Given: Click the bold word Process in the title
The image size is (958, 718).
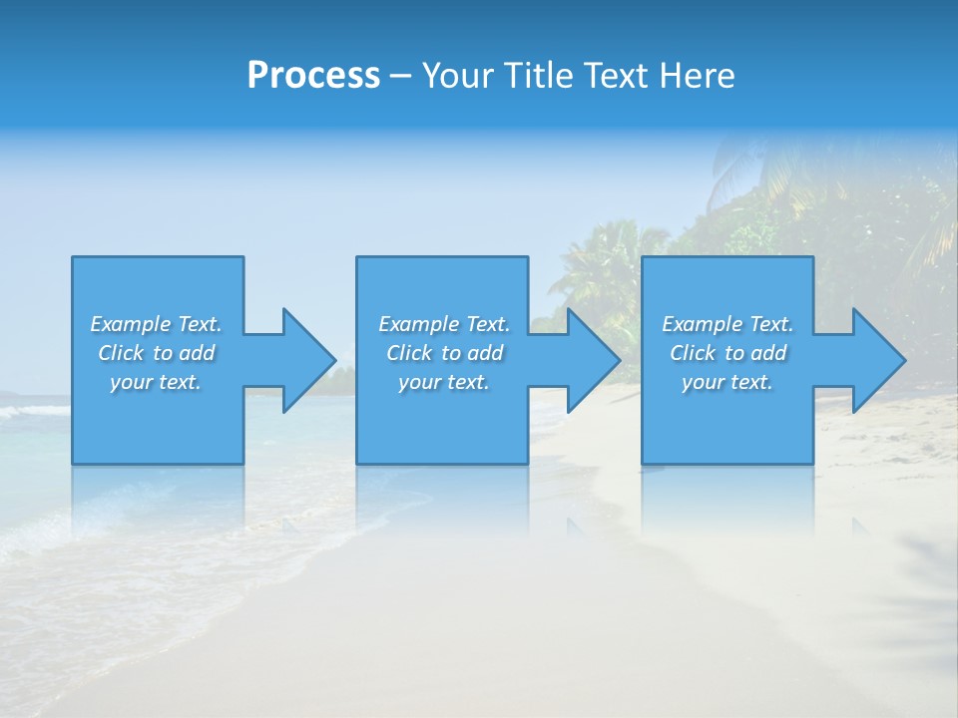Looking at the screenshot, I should pos(313,76).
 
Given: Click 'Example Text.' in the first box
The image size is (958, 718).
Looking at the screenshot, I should pos(156,324).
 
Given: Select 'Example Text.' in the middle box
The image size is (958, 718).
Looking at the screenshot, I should pos(444,324).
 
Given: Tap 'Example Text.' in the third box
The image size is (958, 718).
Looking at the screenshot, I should pos(727,324).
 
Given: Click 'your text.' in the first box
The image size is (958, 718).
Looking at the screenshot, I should pos(156,382).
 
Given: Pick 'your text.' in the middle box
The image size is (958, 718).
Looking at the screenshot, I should pos(444,382).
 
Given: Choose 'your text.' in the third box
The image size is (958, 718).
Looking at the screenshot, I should pos(727,382).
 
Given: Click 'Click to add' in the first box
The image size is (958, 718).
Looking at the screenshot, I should pos(156,353).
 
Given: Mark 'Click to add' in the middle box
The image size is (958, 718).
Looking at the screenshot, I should pos(444,353).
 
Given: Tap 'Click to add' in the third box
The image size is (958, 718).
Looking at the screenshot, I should pos(727,353).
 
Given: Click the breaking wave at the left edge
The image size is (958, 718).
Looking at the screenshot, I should pos(25,410).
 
